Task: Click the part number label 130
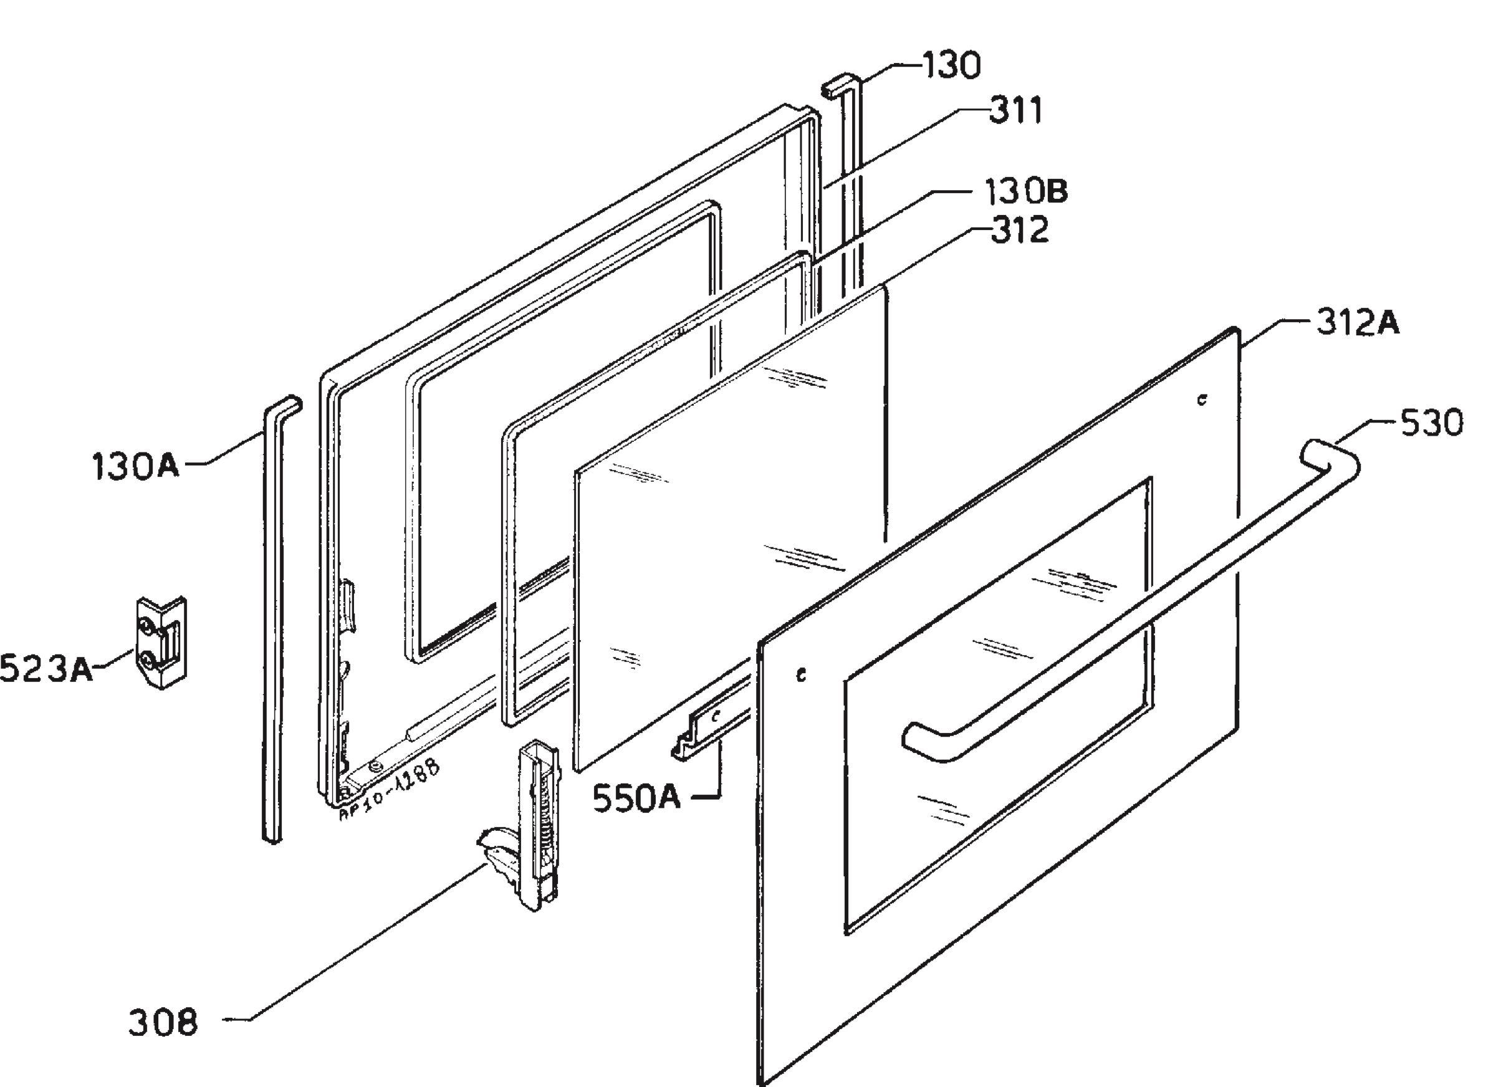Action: click(x=951, y=65)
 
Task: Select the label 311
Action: click(x=1016, y=111)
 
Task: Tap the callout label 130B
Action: click(x=1026, y=191)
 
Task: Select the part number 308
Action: click(x=163, y=1023)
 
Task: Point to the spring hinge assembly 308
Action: click(x=521, y=825)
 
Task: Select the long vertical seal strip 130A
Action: click(x=276, y=620)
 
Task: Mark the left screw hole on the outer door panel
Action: click(x=801, y=675)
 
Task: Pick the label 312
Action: click(x=1019, y=231)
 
